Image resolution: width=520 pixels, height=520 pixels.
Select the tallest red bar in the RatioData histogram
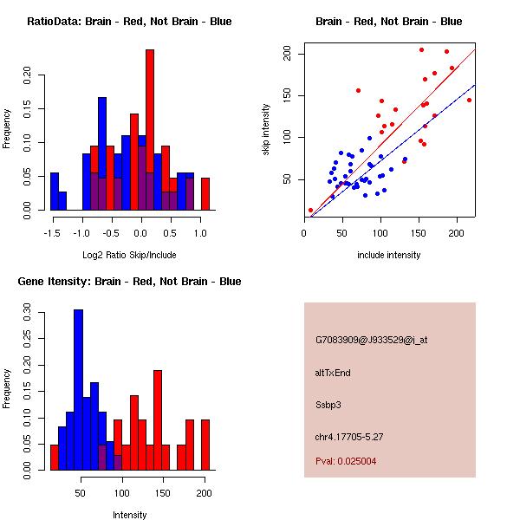(149, 130)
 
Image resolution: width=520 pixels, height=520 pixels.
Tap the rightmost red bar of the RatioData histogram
(205, 193)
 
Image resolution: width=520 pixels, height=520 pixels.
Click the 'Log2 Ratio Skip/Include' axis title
(128, 255)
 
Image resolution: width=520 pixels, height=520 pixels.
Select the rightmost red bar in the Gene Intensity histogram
(205, 445)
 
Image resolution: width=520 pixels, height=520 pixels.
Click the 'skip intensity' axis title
(266, 130)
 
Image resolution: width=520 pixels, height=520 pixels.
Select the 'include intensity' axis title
(388, 255)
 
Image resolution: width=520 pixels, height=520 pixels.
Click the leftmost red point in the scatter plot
(310, 211)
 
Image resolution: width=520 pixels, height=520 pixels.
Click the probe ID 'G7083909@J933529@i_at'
(372, 340)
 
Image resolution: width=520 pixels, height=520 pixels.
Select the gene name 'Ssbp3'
(330, 404)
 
